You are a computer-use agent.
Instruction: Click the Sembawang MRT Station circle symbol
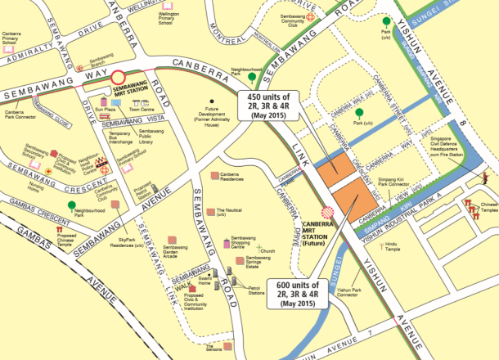point(119,78)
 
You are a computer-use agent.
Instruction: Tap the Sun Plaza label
point(105,109)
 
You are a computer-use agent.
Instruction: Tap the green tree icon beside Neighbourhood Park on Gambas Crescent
point(72,205)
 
